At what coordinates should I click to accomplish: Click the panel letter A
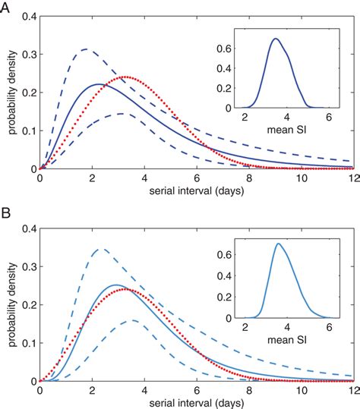7,7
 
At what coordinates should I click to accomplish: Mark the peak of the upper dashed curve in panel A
85,49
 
